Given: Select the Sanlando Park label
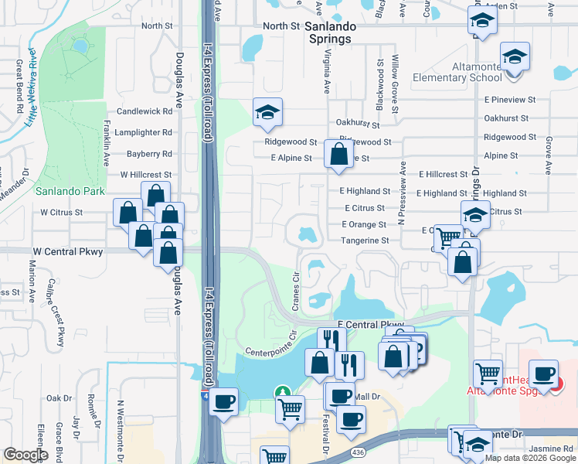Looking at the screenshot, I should (x=59, y=190).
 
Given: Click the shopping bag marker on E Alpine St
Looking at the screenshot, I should (x=338, y=154).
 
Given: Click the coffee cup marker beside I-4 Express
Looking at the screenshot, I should (x=224, y=402).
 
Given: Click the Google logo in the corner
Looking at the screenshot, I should (x=25, y=454).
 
